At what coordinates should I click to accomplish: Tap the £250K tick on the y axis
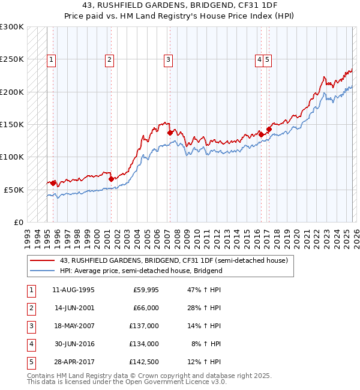12,59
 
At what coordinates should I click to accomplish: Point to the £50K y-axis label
14,190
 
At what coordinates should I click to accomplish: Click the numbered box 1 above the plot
52,59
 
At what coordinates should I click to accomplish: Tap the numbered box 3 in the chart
168,59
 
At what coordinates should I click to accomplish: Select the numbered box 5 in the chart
267,59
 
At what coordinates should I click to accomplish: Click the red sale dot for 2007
170,133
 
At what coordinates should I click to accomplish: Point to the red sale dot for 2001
111,179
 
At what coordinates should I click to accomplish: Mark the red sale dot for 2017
269,129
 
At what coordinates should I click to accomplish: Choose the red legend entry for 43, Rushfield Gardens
174,261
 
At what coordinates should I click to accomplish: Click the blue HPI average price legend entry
141,271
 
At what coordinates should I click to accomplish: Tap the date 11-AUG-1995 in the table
73,290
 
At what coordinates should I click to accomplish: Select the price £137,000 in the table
145,326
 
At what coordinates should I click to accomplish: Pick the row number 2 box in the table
31,308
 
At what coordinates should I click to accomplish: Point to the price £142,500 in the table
145,362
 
